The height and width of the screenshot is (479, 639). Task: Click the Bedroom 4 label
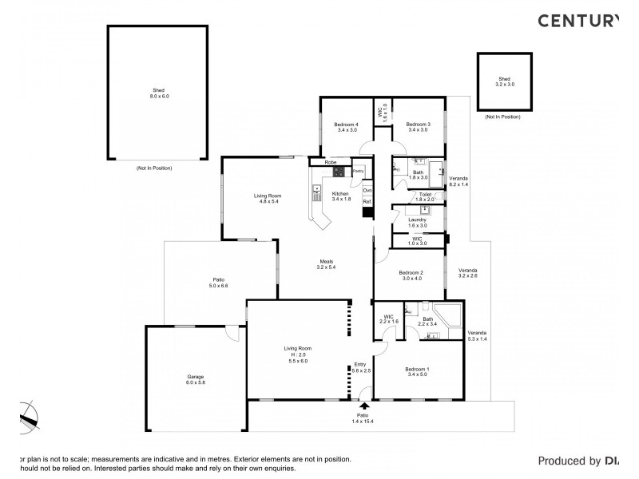tap(346, 125)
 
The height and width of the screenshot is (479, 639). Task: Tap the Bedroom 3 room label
tap(418, 125)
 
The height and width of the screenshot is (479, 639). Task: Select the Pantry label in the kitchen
tap(358, 171)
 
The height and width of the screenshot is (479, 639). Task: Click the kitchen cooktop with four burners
tap(338, 171)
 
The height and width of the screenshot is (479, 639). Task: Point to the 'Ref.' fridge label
tap(367, 201)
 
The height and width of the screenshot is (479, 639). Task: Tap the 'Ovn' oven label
tap(367, 191)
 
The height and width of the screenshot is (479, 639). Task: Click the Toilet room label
tap(424, 194)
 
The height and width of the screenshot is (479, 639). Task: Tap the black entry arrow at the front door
tap(364, 406)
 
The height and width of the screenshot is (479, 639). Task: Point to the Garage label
tap(196, 377)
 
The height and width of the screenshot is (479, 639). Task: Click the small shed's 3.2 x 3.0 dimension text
tap(506, 84)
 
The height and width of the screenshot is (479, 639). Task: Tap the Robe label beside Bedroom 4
tap(328, 162)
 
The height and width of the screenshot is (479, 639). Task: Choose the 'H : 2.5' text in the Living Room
tap(296, 355)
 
